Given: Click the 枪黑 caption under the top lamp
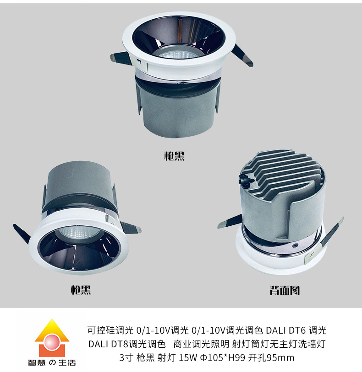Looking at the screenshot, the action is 174,156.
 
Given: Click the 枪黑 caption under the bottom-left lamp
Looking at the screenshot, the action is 81,290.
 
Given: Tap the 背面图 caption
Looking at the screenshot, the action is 285,290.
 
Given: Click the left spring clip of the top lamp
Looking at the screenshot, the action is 120,59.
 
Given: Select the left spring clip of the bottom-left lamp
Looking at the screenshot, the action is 22,234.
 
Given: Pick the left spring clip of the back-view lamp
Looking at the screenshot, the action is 230,221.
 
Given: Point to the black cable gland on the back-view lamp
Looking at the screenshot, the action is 246,178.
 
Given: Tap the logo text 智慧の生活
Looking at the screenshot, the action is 52,363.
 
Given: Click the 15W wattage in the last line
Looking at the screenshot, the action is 188,357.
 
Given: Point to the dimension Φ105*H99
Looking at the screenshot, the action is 223,357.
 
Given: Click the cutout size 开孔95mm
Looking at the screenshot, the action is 271,357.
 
